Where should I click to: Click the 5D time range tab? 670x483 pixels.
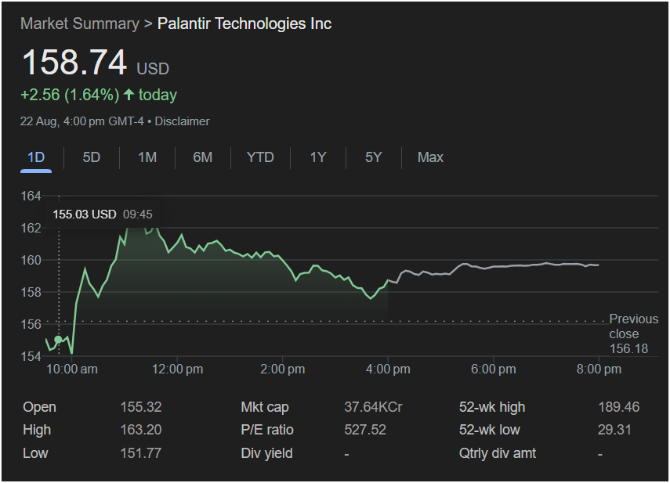92,157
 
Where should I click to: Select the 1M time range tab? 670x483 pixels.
147,157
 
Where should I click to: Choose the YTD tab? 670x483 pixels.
260,157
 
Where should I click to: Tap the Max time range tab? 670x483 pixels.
430,157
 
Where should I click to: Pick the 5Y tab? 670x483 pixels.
373,157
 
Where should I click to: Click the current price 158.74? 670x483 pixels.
74,63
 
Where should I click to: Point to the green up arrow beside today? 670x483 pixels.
129,96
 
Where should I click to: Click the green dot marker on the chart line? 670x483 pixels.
58,340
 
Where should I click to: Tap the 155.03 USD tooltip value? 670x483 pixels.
85,214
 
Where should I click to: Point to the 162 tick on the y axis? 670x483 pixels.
31,228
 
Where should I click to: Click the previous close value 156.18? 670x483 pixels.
628,348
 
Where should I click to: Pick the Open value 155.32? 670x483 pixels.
140,407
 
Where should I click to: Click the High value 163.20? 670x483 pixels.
140,430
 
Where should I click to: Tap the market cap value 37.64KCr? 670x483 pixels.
373,407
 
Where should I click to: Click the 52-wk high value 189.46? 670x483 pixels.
618,407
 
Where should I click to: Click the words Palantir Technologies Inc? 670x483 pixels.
244,23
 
